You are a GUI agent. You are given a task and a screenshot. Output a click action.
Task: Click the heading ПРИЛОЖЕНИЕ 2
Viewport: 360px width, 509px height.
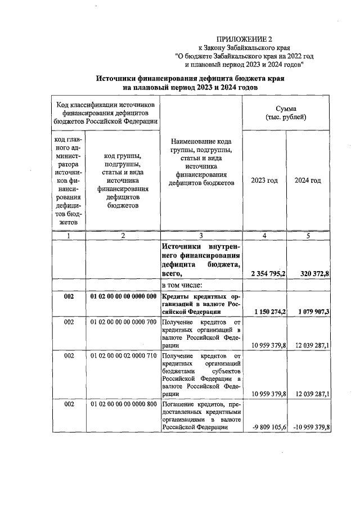coord(244,39)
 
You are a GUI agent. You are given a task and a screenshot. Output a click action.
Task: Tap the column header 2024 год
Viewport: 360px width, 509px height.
coord(308,180)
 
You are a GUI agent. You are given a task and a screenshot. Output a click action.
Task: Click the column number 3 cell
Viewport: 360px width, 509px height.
coord(201,236)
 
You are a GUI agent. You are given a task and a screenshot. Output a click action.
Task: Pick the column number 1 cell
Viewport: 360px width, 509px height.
coord(69,236)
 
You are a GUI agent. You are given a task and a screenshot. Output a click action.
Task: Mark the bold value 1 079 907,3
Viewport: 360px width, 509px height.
coord(310,311)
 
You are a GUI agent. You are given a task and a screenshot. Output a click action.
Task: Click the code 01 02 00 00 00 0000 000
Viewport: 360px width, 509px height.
coord(123,296)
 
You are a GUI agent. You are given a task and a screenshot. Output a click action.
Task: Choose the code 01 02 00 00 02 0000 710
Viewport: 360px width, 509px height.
coord(123,355)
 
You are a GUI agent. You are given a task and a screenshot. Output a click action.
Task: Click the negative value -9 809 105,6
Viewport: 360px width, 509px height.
coord(266,427)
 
